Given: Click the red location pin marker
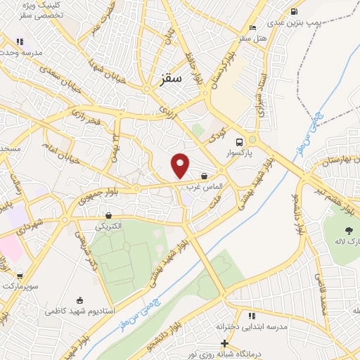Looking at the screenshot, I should [x=181, y=165].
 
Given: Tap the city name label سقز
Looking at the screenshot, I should [x=171, y=79].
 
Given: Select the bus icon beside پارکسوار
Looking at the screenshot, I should [x=240, y=140].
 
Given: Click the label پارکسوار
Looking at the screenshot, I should [x=240, y=151].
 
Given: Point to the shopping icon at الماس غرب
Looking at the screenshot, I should [x=204, y=176].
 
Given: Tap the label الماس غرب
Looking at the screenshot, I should [x=204, y=187].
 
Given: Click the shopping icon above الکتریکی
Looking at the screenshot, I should [x=108, y=215].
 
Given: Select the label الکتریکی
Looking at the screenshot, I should [x=109, y=226].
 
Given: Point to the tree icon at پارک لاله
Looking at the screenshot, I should [x=348, y=230].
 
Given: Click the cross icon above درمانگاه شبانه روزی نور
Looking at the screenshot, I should [x=224, y=343].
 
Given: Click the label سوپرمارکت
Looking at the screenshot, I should [x=19, y=288].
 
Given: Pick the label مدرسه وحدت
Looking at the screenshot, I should [x=21, y=53].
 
